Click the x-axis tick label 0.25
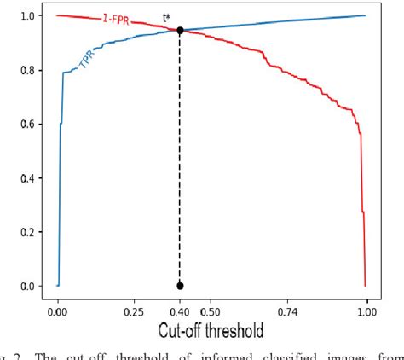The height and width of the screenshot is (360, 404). tap(134, 312)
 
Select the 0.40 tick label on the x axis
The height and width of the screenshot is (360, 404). tap(180, 312)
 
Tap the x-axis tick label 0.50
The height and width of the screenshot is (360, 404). tap(211, 312)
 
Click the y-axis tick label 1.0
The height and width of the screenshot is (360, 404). tap(27, 15)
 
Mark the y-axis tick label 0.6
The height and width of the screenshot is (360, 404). tap(27, 124)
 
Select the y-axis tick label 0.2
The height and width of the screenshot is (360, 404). tap(27, 232)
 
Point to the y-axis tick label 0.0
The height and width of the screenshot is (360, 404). tap(27, 286)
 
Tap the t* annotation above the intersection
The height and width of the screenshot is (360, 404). tap(167, 17)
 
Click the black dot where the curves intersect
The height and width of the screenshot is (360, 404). tap(180, 30)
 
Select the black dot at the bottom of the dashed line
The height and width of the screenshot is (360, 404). tap(180, 286)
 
